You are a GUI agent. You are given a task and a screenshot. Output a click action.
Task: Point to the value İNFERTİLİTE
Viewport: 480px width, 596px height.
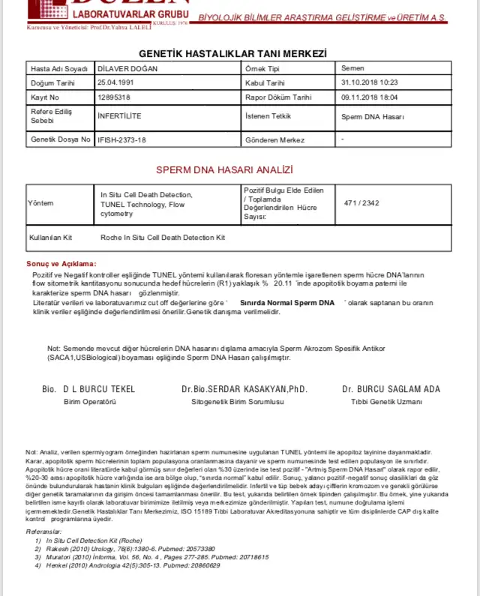(x=119, y=116)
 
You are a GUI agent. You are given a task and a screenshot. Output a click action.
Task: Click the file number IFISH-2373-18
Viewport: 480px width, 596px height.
(x=121, y=140)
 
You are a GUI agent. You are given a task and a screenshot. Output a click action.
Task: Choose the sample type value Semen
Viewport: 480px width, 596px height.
(x=352, y=68)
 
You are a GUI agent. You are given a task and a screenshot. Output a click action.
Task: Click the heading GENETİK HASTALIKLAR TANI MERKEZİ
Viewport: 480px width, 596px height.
(x=233, y=53)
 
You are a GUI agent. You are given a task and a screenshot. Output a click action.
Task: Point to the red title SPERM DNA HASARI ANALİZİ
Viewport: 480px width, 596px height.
(x=224, y=170)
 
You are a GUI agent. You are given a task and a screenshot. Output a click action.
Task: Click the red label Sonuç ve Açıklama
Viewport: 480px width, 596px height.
(x=61, y=264)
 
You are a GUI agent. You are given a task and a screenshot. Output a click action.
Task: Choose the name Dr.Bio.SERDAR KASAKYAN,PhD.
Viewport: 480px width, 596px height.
(x=244, y=389)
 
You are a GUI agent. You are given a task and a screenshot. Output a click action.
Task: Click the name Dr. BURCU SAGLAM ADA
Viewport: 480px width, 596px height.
(x=391, y=389)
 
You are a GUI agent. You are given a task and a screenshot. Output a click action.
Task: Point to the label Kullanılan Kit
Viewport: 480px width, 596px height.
(x=50, y=237)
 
